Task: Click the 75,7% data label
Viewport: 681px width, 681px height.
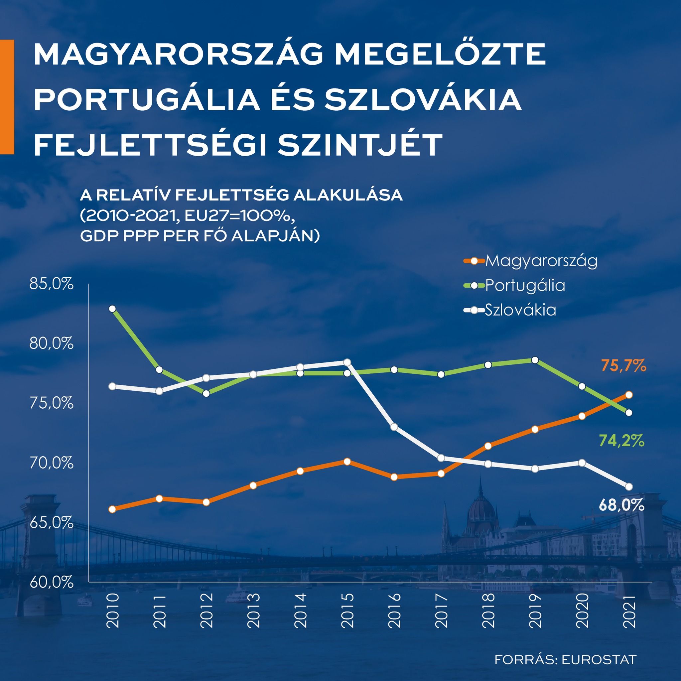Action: pos(623,366)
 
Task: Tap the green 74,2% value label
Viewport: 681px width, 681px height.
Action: pos(621,441)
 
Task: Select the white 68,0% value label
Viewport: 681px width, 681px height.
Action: pos(621,506)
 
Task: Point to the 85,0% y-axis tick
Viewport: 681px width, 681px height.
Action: pos(52,284)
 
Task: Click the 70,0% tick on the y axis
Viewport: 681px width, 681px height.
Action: pos(52,463)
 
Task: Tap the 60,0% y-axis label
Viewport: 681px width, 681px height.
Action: pos(52,582)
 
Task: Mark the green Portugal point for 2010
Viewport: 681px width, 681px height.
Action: pos(112,309)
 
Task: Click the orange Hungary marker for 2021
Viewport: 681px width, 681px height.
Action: pos(629,395)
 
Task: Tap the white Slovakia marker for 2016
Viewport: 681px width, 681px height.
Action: pos(394,427)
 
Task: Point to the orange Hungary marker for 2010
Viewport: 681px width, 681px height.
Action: pos(112,509)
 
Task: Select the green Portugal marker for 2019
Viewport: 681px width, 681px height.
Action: pos(535,360)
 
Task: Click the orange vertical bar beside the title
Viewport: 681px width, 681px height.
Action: pos(7,97)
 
